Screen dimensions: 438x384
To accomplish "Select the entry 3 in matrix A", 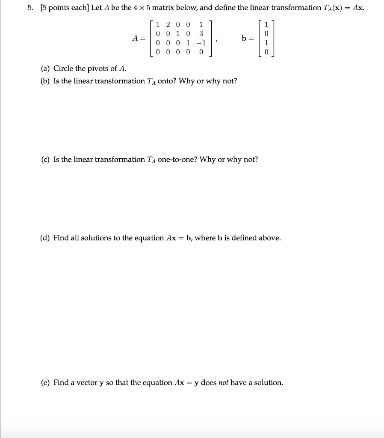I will pos(201,34).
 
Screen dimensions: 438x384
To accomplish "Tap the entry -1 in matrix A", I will pos(200,43).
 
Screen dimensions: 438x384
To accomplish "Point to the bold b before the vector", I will pos(244,38).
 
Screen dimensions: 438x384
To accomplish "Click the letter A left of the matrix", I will pos(135,38).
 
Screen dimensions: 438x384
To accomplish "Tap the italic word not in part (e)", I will pos(224,382).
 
